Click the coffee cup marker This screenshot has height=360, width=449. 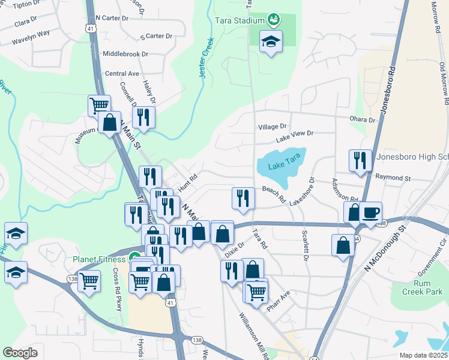tap(371, 212)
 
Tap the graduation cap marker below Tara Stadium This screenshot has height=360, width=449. tap(271, 41)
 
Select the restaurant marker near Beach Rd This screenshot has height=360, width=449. tap(242, 198)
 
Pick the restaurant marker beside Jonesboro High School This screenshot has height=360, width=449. tap(360, 160)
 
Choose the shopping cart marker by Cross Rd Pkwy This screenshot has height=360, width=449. tap(89, 280)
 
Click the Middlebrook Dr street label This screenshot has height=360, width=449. tap(125, 54)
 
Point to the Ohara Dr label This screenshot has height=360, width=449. tap(363, 120)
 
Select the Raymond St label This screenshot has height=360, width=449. tap(393, 178)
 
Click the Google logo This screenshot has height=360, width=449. tap(20, 353)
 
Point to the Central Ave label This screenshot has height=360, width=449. tap(122, 74)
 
